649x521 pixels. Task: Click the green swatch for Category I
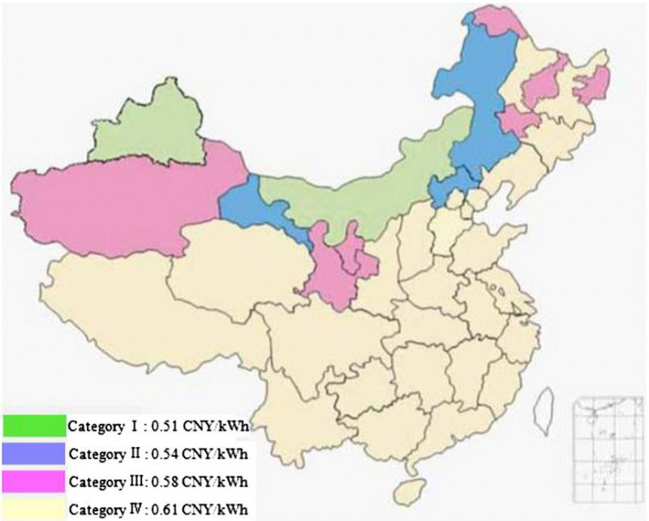pos(33,424)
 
